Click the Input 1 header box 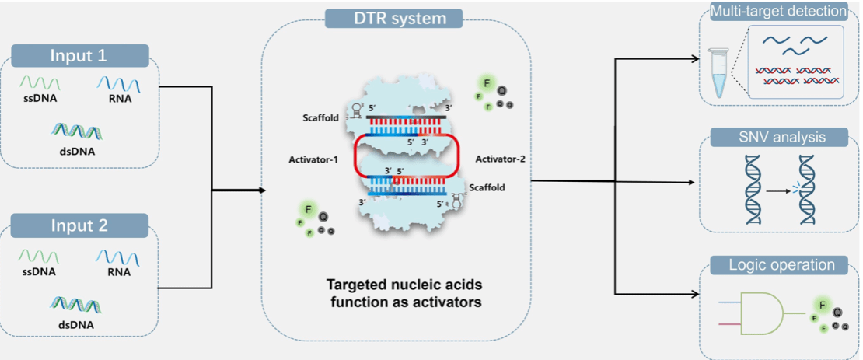coord(79,56)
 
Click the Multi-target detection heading coord(778,12)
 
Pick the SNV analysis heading coord(778,138)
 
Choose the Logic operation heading coord(778,265)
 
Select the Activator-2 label coord(499,159)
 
